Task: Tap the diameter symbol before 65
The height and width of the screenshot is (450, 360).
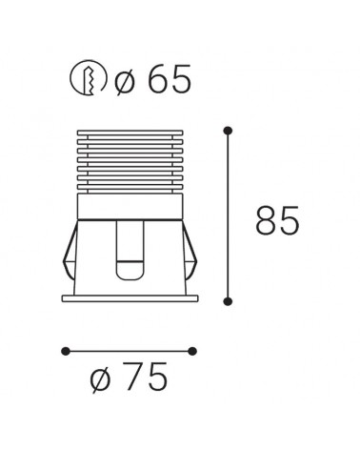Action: point(126,81)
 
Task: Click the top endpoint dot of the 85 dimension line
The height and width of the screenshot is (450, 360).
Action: point(227,129)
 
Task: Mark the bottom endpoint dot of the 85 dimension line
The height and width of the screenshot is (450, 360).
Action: point(227,302)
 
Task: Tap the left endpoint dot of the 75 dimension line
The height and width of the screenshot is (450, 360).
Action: point(65,351)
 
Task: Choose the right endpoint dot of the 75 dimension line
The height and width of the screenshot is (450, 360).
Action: point(192,351)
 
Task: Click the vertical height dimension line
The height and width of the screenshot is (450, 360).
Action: point(227,215)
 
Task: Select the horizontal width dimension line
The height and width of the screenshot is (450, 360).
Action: point(129,351)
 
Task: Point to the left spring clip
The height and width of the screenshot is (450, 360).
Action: point(69,256)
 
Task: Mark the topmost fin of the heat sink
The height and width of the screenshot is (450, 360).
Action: point(129,131)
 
